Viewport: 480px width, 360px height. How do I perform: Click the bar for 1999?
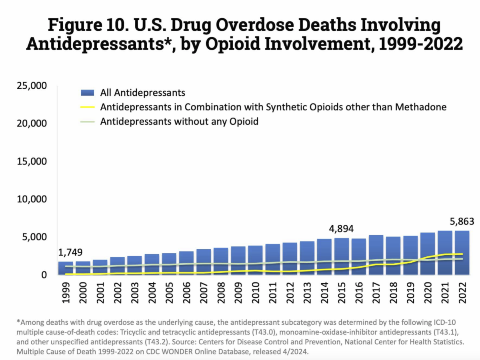coord(66,268)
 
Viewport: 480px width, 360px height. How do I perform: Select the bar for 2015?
coord(342,256)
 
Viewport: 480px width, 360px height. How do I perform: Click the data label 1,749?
coord(71,253)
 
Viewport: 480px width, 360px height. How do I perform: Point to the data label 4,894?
coord(341,229)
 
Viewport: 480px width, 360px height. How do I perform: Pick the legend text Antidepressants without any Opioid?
coord(179,121)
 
